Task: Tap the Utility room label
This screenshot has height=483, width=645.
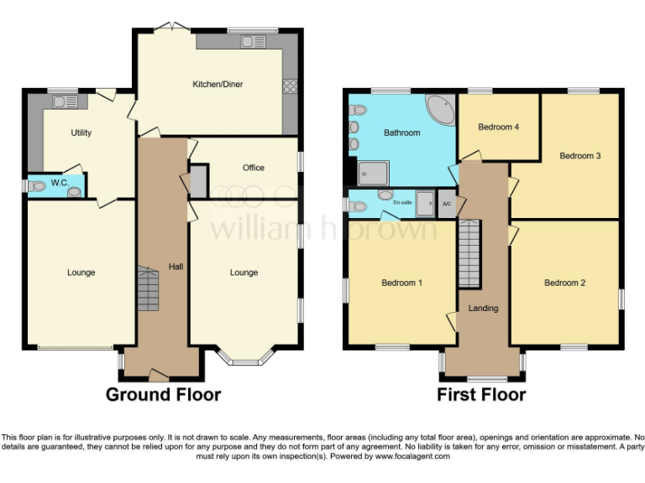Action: coord(81,132)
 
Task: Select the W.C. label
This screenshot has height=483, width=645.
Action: coord(59,183)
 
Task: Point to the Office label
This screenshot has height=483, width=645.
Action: coord(254,168)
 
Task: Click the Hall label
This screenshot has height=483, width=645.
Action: coord(175,267)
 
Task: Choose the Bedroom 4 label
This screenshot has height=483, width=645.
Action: coord(499,127)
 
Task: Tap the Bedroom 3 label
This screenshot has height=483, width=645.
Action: coord(580,156)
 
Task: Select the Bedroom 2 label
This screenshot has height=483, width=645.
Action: coord(564,283)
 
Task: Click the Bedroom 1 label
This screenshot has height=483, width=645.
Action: coord(401,283)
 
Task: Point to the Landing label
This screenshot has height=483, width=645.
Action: coord(483,308)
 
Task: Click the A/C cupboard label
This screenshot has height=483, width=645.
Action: coord(447,203)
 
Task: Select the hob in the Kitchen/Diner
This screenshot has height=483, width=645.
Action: coord(291,85)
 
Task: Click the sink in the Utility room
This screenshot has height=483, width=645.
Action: coord(65,102)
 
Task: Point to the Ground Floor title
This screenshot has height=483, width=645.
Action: coord(163,394)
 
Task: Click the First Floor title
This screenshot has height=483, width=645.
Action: coord(481,394)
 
